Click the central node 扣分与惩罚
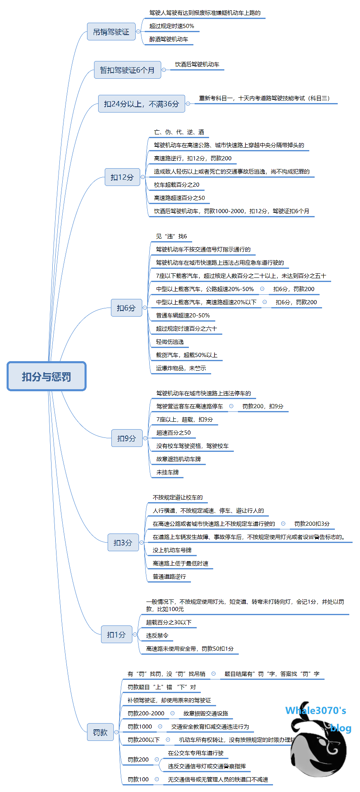pos(47,376)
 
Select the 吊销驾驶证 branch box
pos(111,32)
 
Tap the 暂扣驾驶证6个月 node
pos(127,70)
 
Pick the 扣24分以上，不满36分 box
pos(141,104)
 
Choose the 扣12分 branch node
pos(122,177)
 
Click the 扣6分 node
pos(126,308)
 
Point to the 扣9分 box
pos(127,438)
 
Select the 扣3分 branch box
pos(123,543)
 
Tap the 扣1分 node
pos(116,635)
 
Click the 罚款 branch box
pos(100,732)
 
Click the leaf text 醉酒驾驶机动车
pos(169,39)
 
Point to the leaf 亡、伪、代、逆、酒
pos(179,132)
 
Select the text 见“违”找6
pos(172,236)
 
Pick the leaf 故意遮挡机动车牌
pos(179,459)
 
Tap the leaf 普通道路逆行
pos(169,576)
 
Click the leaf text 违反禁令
pos(157,635)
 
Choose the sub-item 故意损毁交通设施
pos(205,713)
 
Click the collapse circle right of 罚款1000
pos(160,726)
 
